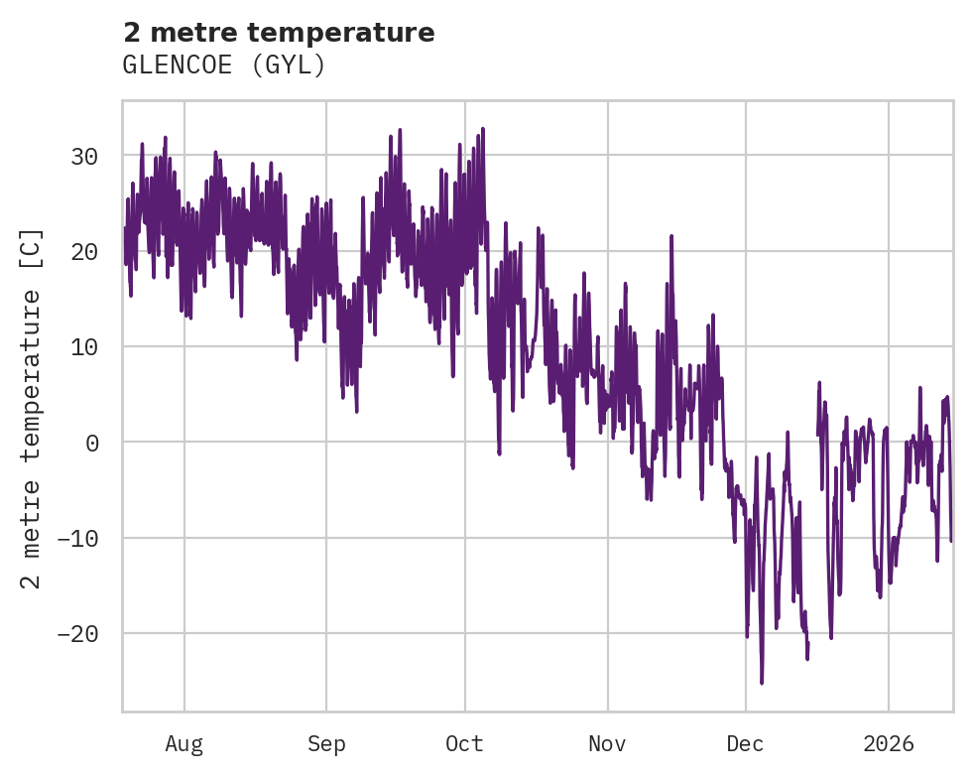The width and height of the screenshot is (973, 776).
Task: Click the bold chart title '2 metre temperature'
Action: tap(279, 33)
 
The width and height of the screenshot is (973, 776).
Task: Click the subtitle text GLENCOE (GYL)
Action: tap(224, 65)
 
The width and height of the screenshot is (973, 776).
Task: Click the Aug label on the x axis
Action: tap(184, 744)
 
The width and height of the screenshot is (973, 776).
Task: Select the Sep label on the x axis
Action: tap(325, 744)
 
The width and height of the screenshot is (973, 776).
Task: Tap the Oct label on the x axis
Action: tap(464, 744)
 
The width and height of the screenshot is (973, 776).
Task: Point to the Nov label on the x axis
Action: tap(607, 744)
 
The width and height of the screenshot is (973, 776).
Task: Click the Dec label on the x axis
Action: tap(745, 744)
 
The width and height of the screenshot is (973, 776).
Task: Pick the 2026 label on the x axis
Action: tap(889, 744)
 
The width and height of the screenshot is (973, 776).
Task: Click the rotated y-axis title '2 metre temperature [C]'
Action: tap(32, 407)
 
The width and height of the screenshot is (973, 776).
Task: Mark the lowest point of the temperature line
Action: tap(762, 683)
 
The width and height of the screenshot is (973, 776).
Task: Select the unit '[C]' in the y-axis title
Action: tap(32, 248)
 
